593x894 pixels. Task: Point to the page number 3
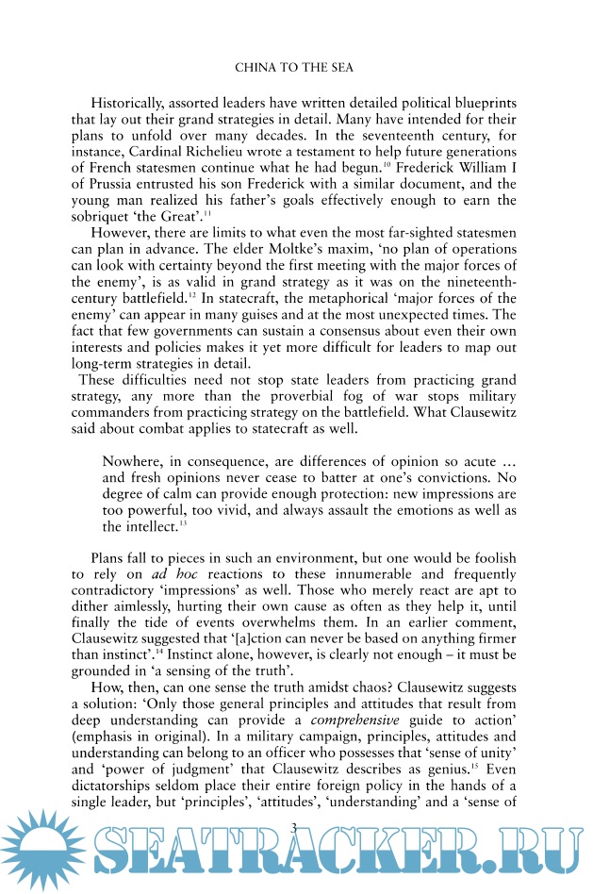296,853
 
